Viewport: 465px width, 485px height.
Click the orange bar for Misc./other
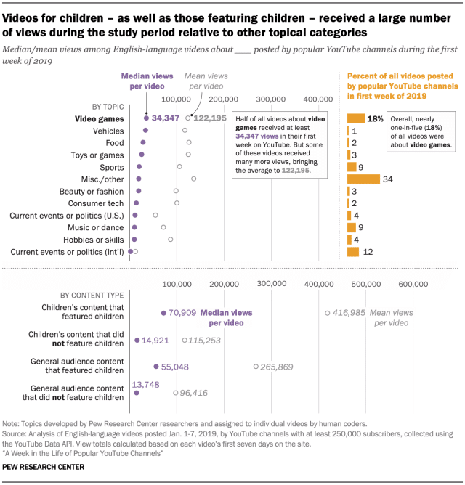coord(363,179)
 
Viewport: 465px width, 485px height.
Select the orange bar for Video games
coord(356,118)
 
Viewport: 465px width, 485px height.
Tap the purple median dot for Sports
coord(139,167)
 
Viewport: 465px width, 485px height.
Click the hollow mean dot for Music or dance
coord(163,227)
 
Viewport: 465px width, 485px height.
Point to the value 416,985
coord(347,312)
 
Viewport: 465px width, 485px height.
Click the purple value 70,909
coord(182,313)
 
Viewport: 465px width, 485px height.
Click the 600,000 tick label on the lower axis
coord(413,283)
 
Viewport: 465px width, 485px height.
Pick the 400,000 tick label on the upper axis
coord(318,99)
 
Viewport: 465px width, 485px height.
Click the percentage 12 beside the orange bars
coord(368,252)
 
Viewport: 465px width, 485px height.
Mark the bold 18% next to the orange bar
coord(376,118)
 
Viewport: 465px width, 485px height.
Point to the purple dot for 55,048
coord(156,367)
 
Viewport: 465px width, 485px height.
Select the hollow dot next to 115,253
coord(185,340)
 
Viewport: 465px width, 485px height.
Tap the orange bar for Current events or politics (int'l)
coord(353,251)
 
